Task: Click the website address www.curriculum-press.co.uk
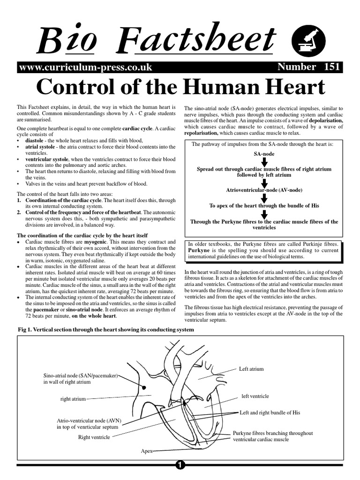click(x=85, y=67)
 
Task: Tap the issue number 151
click(x=331, y=67)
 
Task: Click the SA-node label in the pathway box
click(x=264, y=154)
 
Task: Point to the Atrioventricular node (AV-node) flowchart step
click(x=264, y=190)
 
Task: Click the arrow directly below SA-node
click(x=264, y=161)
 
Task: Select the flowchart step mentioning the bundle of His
click(x=264, y=206)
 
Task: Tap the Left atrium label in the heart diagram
click(x=251, y=369)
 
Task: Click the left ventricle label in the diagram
click(x=255, y=396)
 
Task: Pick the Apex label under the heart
click(x=147, y=451)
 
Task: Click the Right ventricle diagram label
click(x=94, y=437)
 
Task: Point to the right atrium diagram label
click(x=73, y=399)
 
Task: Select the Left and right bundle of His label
click(x=270, y=413)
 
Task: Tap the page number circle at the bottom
click(x=180, y=465)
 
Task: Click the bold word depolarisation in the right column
click(x=323, y=120)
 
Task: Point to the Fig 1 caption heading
click(x=105, y=330)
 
